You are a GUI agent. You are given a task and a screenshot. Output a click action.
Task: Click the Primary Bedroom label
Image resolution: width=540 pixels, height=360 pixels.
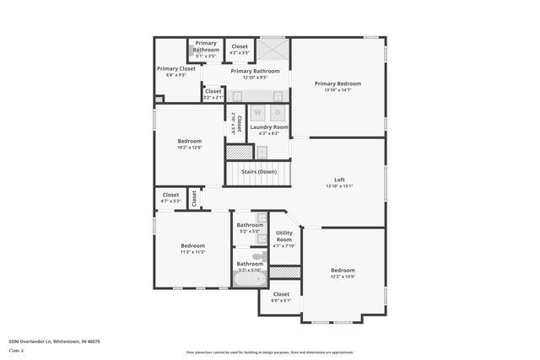337,83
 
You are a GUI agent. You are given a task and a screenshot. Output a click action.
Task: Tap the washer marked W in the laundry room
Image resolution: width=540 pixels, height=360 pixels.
257,112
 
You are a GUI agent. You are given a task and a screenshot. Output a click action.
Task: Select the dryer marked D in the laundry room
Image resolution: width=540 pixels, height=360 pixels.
278,112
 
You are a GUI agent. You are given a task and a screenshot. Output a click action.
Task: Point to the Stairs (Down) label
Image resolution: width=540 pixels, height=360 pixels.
259,172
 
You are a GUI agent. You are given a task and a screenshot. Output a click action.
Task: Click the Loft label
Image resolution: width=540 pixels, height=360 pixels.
339,180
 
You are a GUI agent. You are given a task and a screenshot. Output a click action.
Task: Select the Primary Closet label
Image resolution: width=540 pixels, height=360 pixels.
175,68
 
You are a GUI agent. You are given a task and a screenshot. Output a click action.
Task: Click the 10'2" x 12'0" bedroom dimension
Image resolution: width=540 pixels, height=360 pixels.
189,148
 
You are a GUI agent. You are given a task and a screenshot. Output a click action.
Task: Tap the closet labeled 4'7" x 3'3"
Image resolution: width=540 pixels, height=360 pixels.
170,198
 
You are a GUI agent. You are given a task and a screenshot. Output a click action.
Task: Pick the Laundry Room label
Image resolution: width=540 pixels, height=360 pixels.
269,127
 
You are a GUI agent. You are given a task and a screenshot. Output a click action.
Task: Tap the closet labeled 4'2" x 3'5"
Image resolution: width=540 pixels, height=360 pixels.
240,50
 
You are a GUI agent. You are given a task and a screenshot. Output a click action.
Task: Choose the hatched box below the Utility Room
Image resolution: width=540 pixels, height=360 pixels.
285,272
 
